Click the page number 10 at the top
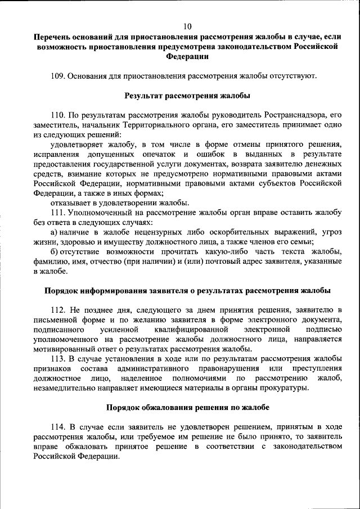(x=188, y=26)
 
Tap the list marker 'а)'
(x=54, y=232)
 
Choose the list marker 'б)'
(x=54, y=251)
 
